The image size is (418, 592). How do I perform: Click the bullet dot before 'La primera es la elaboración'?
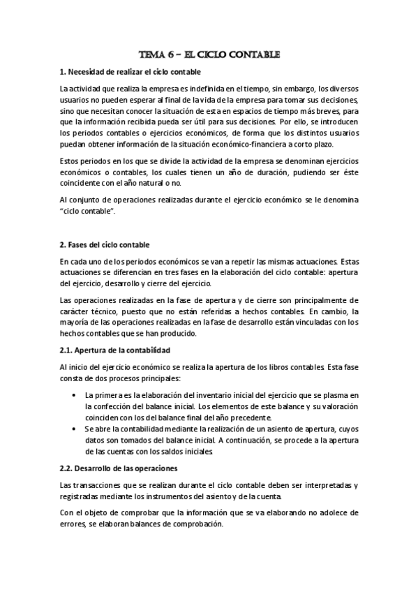[75, 395]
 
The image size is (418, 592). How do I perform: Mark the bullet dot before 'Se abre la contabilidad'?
[75, 428]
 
